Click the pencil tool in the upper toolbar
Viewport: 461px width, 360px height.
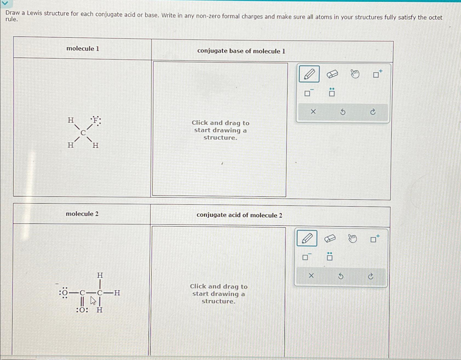tap(309, 74)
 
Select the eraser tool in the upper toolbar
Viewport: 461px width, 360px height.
tap(332, 74)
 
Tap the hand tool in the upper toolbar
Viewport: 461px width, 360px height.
tap(355, 74)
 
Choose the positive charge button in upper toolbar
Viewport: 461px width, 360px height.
tap(377, 74)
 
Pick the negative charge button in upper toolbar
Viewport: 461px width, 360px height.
tap(308, 93)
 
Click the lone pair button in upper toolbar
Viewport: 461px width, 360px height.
tap(332, 93)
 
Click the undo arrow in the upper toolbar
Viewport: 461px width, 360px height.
tap(343, 112)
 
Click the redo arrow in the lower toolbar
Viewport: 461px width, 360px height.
tap(371, 276)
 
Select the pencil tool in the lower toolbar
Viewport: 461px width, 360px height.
tap(307, 238)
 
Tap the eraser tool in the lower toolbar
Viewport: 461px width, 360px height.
tap(330, 238)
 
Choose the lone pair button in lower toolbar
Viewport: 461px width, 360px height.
tap(330, 257)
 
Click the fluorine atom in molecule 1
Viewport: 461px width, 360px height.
tap(95, 120)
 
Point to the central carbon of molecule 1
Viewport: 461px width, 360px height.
tap(83, 133)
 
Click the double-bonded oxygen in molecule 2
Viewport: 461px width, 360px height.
tap(82, 310)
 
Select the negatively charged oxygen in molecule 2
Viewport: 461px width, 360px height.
tap(65, 293)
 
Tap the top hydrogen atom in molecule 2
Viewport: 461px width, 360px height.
tap(100, 275)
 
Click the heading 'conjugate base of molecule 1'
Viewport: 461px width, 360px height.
tap(241, 51)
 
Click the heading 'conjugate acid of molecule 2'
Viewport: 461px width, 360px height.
tap(239, 215)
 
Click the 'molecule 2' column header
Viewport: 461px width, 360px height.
tap(82, 214)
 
